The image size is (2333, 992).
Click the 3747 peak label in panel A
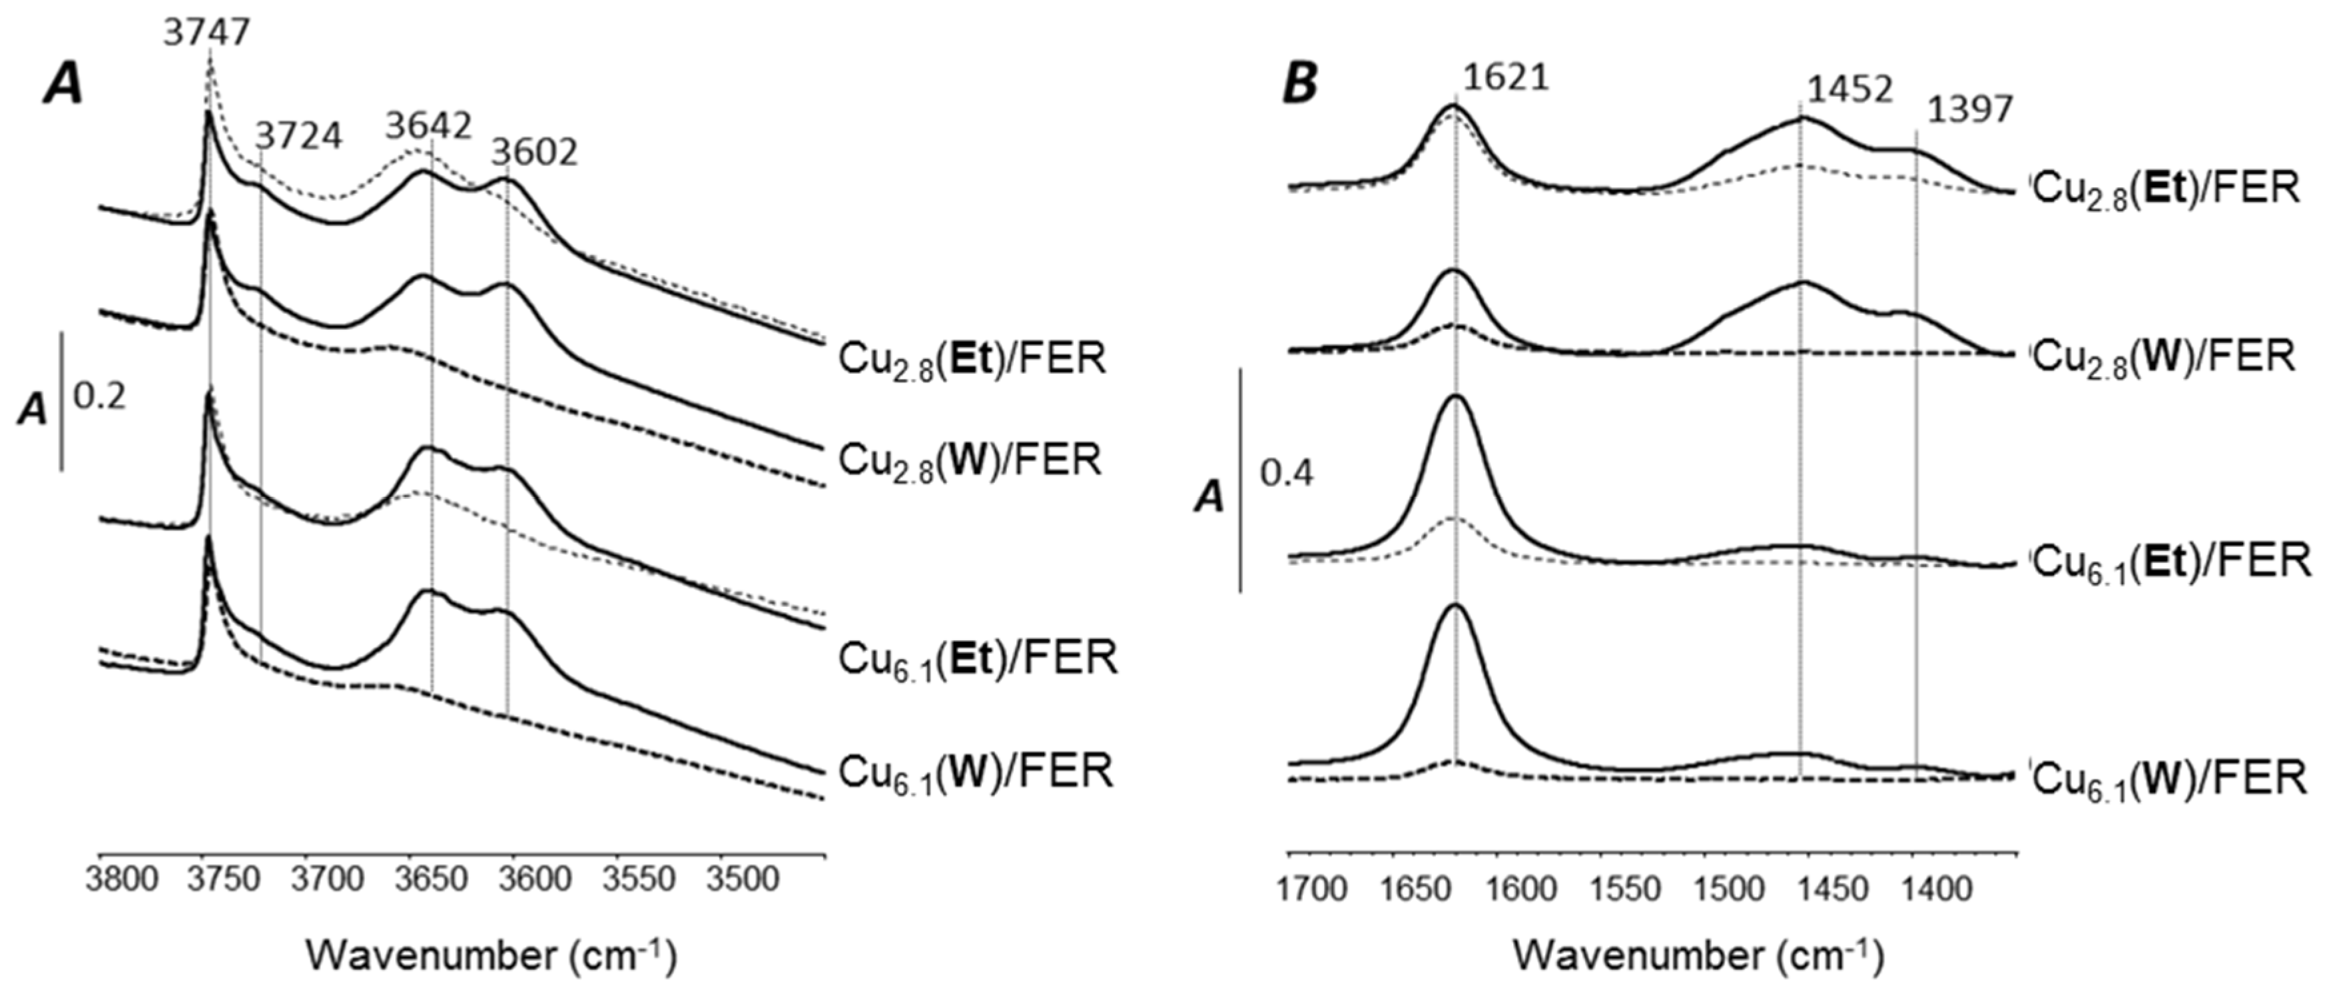coord(206,33)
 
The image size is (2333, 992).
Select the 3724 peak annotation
coord(299,137)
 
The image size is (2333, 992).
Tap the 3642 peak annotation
coord(428,126)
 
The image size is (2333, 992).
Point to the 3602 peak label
coord(534,153)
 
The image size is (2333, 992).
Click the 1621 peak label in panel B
coord(1506,78)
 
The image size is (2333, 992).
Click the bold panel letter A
coord(63,86)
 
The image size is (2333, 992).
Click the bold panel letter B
coord(1301,84)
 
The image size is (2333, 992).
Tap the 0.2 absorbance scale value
coord(100,397)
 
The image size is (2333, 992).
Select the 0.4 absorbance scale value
coord(1287,473)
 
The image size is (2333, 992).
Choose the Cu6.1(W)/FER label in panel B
coord(2170,779)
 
